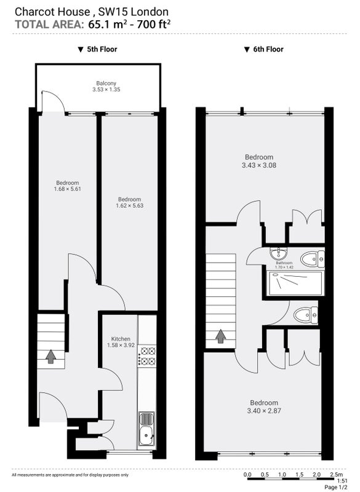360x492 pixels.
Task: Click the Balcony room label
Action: [x=106, y=84]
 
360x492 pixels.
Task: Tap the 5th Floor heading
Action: [x=98, y=49]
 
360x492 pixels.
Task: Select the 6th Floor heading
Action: [x=263, y=49]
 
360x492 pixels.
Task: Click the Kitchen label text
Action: [x=121, y=339]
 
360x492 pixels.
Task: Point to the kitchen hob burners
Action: [x=147, y=355]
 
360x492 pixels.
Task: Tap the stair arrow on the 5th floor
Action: [x=51, y=357]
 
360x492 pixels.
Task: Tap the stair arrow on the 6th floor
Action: [x=221, y=336]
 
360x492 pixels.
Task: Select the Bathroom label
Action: [x=284, y=263]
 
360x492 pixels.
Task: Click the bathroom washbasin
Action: [x=278, y=253]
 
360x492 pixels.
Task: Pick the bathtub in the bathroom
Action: [x=295, y=284]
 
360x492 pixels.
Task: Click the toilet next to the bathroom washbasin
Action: [x=313, y=259]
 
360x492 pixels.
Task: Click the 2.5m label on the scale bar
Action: [x=337, y=474]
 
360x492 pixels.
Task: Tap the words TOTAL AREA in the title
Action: [x=50, y=25]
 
